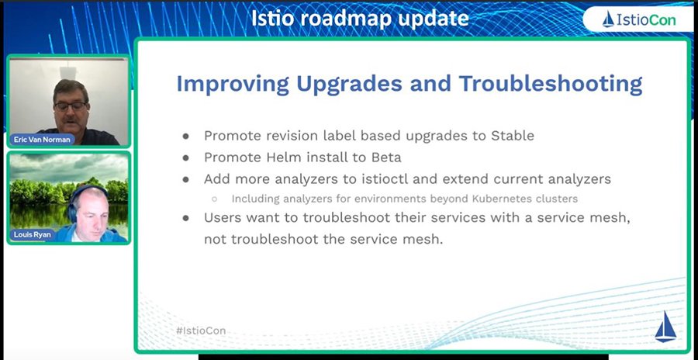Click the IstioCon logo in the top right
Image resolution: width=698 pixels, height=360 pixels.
638,19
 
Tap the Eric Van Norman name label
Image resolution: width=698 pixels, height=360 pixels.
43,139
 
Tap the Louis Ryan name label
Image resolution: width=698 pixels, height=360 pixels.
33,234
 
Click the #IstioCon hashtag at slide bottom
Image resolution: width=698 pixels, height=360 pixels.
201,331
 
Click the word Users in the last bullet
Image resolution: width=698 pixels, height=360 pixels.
223,218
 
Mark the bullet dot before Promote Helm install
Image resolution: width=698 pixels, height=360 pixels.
186,157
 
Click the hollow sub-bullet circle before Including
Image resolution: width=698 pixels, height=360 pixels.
214,199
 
